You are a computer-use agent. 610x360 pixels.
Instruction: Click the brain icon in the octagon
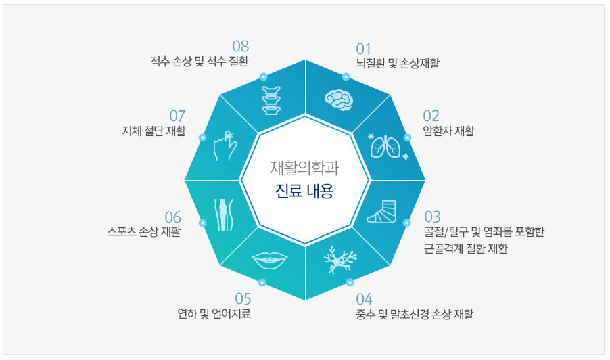[x=339, y=99]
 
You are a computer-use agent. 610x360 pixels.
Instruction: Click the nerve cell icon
[x=339, y=261]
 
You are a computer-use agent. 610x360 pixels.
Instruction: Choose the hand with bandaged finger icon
[x=224, y=145]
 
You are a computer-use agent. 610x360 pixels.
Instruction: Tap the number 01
[x=364, y=49]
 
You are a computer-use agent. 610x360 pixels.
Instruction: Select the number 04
[x=364, y=298]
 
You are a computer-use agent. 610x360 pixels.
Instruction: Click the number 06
[x=172, y=217]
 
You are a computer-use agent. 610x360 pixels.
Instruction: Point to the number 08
[x=241, y=46]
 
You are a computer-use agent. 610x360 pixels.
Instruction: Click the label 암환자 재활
[x=448, y=131]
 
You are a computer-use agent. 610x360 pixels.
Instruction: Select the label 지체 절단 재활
[x=152, y=131]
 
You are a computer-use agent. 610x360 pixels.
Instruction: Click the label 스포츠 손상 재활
[x=144, y=232]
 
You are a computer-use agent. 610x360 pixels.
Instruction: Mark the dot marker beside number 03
[x=406, y=223]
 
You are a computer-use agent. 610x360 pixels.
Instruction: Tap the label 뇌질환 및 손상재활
[x=398, y=64]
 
